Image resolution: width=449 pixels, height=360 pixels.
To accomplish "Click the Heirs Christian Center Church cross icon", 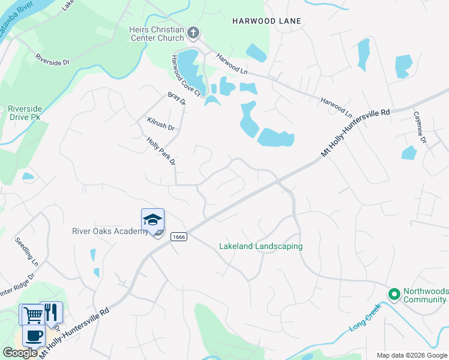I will (193, 32).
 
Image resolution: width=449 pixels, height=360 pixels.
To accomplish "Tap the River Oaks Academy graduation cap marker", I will (152, 220).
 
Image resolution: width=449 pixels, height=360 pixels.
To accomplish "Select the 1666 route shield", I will (178, 237).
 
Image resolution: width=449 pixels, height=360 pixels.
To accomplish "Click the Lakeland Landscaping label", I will (261, 247).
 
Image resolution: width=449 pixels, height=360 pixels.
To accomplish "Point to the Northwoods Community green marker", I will (394, 295).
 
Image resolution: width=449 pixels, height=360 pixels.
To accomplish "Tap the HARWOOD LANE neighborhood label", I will (267, 21).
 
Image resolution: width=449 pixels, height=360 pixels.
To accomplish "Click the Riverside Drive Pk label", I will (24, 113).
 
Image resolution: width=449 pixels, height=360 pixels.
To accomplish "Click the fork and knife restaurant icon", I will (51, 311).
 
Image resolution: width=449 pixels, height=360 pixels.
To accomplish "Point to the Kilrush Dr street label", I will (160, 124).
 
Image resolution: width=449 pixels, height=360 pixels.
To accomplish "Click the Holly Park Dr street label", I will (161, 151).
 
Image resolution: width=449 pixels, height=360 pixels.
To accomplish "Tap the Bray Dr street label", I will (177, 99).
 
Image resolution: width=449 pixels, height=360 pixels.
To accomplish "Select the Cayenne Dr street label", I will (419, 127).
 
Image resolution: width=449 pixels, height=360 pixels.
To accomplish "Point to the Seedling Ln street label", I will (27, 253).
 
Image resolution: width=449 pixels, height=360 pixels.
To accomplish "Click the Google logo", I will (20, 352).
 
